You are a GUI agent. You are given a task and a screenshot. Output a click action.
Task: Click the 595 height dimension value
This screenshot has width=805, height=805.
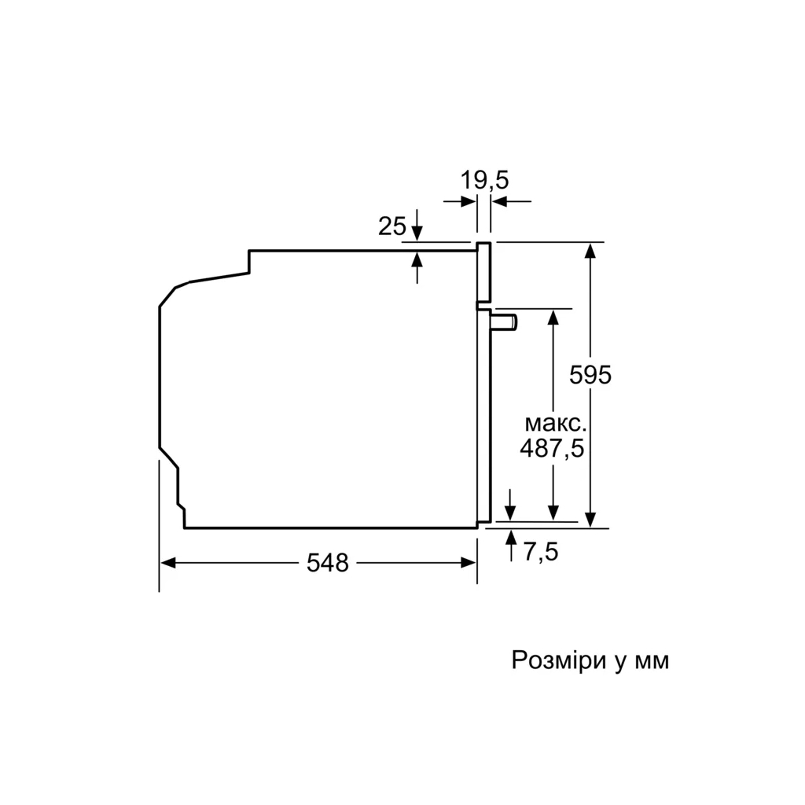590,376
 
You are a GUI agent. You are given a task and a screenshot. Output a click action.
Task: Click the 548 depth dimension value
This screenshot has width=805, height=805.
327,563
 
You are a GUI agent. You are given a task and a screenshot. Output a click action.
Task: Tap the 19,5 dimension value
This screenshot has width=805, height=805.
484,181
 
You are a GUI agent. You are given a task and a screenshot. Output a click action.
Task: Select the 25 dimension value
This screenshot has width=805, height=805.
391,227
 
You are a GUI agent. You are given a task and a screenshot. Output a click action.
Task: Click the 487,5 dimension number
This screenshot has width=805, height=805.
553,448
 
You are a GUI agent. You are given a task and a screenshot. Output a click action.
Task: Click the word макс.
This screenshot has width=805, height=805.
555,424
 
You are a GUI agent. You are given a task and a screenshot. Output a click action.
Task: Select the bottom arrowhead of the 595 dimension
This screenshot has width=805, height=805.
590,520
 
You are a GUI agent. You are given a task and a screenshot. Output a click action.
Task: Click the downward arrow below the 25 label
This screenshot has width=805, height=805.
417,233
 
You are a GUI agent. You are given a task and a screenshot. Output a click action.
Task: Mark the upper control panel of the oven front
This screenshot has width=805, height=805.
484,272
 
